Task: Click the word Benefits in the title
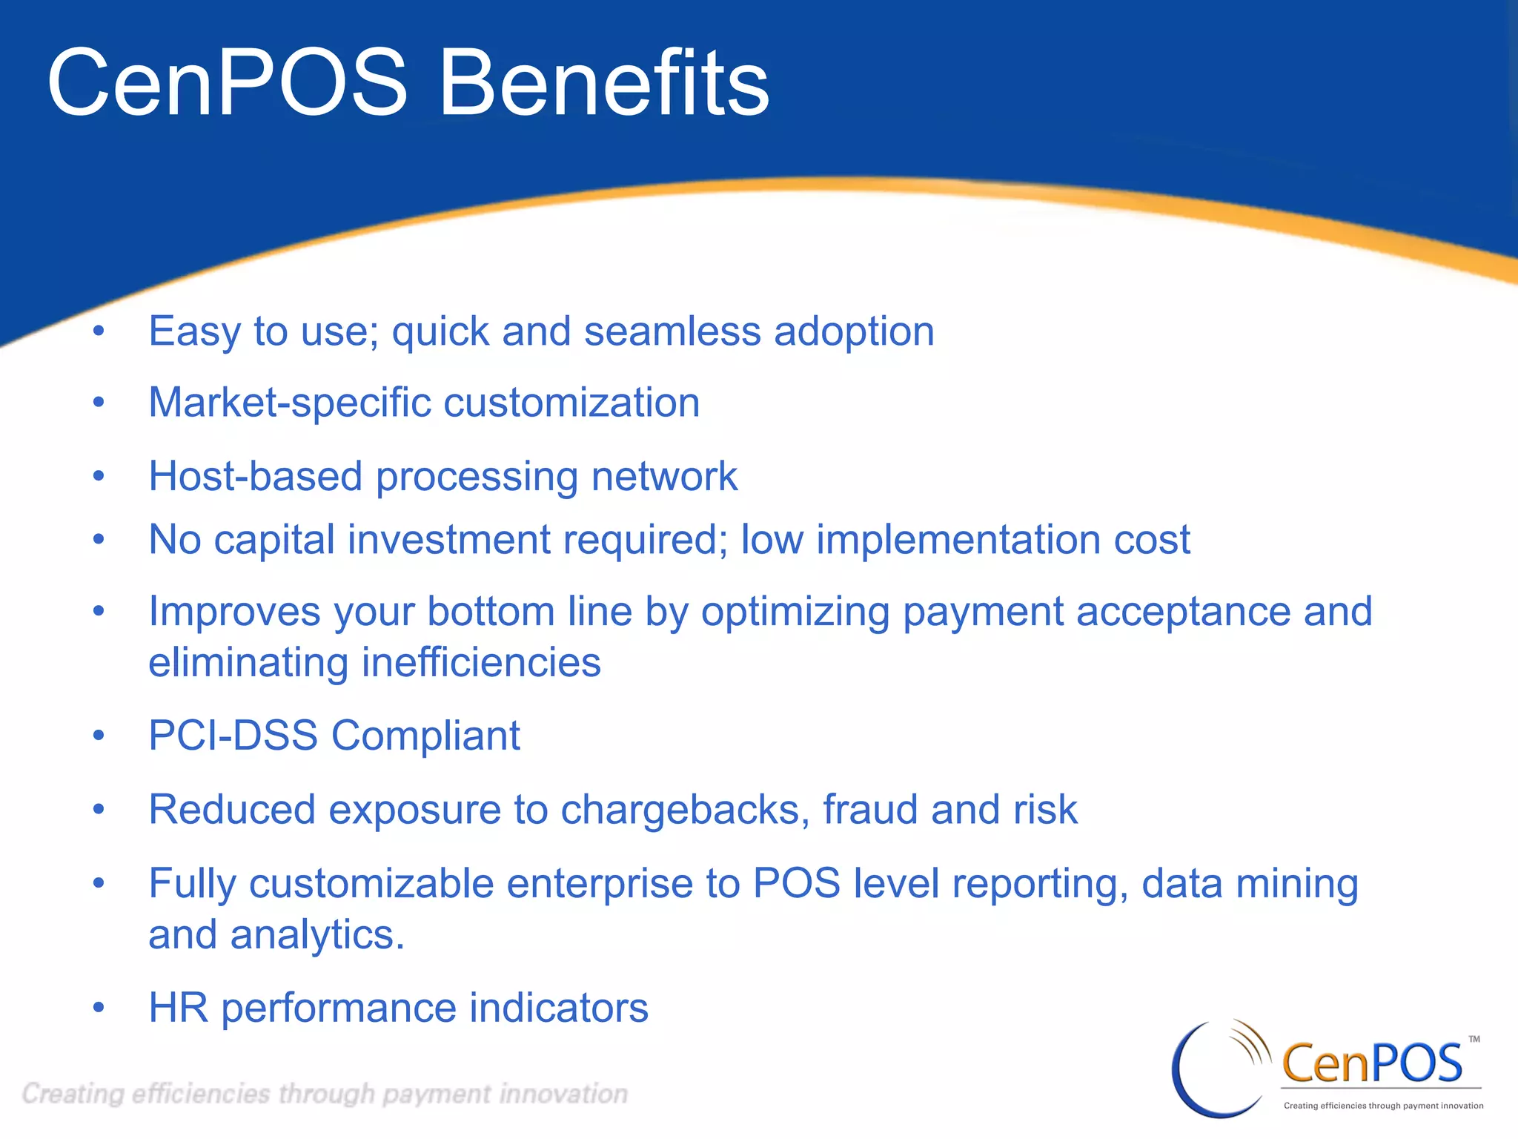(x=604, y=83)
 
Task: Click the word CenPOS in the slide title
(x=227, y=83)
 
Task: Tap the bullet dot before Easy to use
(x=99, y=331)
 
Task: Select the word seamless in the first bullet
(x=672, y=331)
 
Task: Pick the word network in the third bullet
(x=664, y=476)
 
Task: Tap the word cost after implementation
(x=1152, y=541)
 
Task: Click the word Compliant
(x=425, y=736)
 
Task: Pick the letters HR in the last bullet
(x=178, y=1008)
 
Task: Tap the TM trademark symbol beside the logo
(x=1474, y=1039)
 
